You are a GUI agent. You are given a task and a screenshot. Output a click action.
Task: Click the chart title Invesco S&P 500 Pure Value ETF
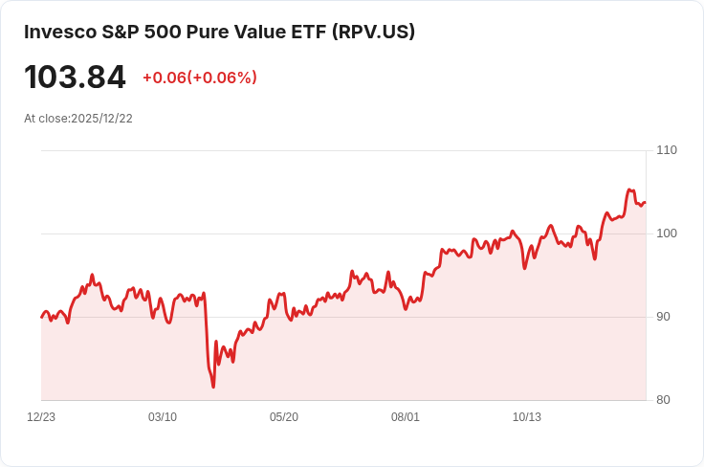176,32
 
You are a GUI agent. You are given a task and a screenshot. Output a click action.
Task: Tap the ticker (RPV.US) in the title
373,32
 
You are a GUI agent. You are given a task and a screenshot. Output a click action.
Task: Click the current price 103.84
75,78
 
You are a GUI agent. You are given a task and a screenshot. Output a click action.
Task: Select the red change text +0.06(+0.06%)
199,78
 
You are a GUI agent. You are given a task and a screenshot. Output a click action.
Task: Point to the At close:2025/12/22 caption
78,119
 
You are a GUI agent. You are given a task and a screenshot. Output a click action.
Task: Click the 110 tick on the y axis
667,150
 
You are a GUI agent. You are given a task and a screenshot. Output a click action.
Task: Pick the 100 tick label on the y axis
667,233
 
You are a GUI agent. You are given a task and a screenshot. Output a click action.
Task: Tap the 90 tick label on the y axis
663,317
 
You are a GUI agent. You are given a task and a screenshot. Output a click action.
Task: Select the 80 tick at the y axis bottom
663,400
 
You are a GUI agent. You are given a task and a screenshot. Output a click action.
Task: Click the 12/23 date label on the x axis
41,417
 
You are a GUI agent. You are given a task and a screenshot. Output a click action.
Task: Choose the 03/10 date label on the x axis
163,417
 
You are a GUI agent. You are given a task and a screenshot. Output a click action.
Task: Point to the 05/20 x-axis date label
284,417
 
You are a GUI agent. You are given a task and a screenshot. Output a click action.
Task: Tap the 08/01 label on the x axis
406,417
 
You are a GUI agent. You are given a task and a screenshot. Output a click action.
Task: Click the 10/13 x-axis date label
527,417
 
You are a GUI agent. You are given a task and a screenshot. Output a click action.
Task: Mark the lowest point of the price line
213,387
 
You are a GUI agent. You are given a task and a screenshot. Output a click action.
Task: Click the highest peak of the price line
629,189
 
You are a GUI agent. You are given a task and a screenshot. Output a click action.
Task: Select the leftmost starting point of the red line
42,317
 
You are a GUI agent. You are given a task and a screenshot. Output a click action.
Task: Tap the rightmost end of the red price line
645,202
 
